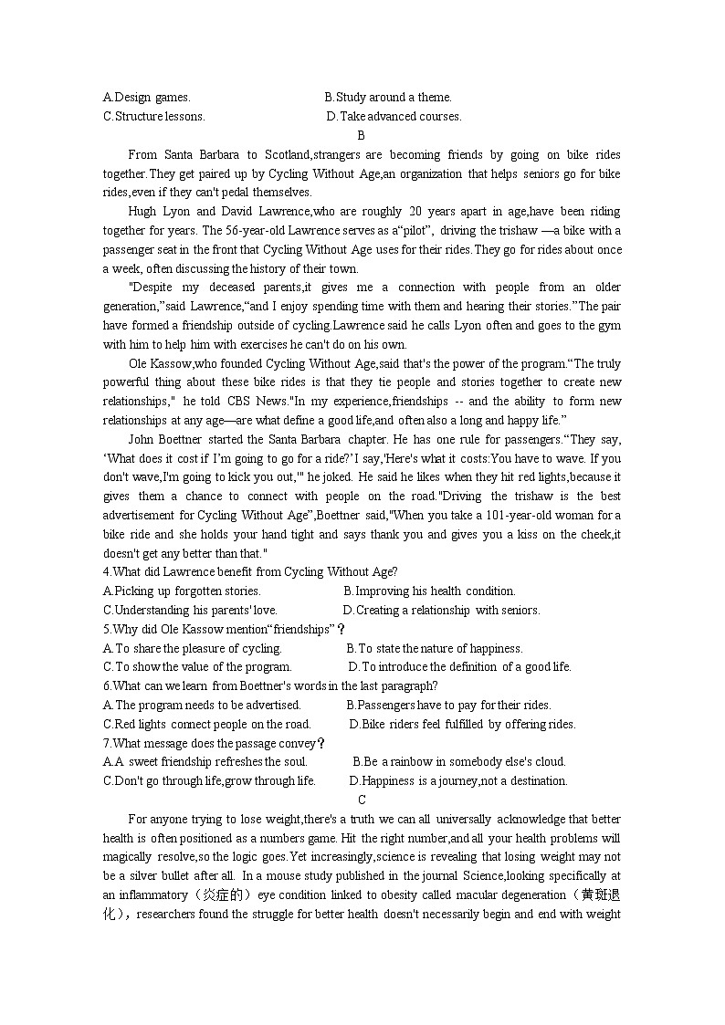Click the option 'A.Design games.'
147,97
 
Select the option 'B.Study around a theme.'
388,97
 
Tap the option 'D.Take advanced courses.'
394,116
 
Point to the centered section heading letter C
362,800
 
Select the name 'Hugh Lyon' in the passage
157,211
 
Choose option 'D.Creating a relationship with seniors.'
441,610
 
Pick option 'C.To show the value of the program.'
197,666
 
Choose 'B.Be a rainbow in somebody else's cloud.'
459,761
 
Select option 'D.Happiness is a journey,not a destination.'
458,780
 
